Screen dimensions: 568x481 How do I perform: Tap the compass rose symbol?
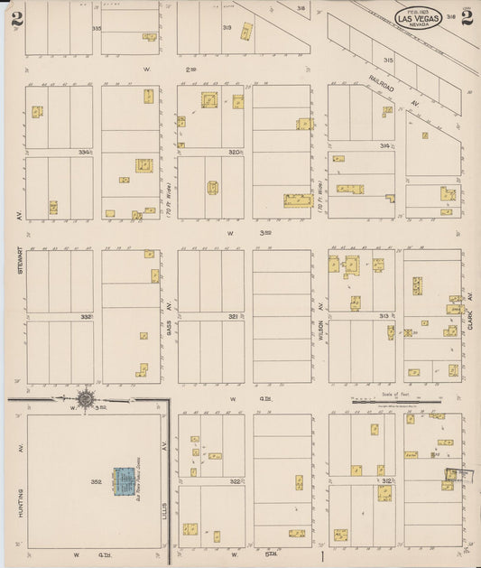click(86, 398)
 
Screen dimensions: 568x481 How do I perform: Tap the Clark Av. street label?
click(470, 312)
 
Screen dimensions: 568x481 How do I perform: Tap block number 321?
click(233, 317)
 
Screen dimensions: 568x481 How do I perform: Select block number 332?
click(85, 317)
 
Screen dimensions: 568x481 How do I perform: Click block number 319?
click(227, 28)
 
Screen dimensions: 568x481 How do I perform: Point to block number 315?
click(388, 60)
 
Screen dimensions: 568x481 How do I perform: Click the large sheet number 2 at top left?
click(16, 20)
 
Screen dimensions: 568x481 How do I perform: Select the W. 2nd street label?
click(163, 68)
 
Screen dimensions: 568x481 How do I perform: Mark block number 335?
click(96, 28)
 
